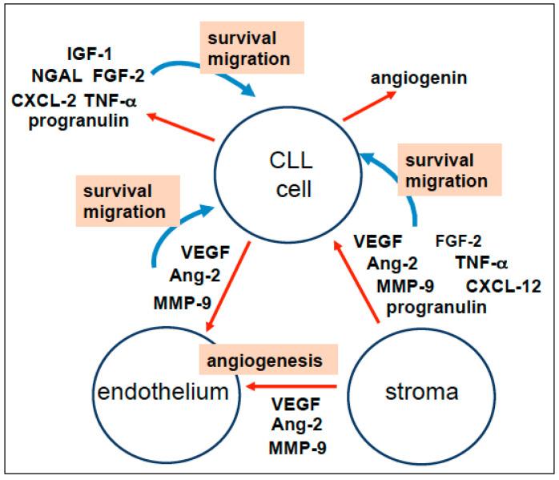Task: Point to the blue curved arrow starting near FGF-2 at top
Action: pos(203,76)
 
